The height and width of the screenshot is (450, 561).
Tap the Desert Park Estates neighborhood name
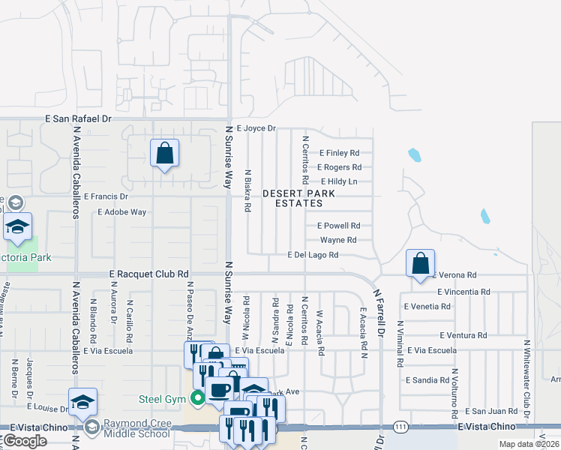tap(298, 198)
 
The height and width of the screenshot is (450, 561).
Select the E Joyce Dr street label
tap(256, 128)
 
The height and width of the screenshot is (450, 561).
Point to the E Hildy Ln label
tap(339, 181)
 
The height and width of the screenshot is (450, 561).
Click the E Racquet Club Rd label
tap(148, 274)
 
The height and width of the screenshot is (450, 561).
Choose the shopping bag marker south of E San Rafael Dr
tap(164, 154)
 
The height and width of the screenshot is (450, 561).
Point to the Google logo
tap(25, 441)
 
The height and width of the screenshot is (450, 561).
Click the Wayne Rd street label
tap(337, 240)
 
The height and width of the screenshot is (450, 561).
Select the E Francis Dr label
tap(106, 196)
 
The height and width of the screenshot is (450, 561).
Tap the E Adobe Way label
tap(121, 212)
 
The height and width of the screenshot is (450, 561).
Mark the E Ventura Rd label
tap(463, 335)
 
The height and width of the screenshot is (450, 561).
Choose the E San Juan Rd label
tap(490, 411)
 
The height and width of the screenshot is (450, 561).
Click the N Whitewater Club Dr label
tap(526, 379)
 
